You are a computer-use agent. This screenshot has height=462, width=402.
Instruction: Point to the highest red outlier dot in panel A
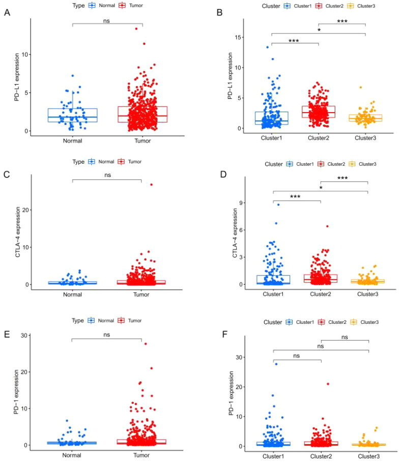click(x=136, y=29)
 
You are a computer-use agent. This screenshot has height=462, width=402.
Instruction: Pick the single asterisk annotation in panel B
click(x=319, y=31)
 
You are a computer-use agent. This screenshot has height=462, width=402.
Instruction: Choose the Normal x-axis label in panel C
click(x=72, y=294)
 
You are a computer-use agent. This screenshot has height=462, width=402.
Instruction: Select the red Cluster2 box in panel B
click(x=319, y=112)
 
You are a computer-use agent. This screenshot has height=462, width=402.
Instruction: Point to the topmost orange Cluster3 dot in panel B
click(x=361, y=87)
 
